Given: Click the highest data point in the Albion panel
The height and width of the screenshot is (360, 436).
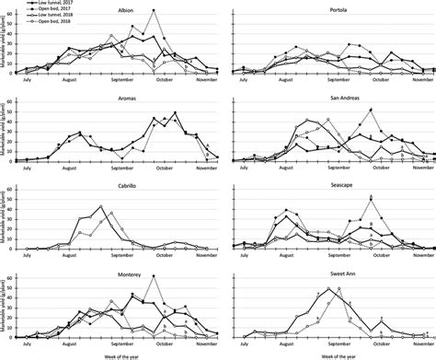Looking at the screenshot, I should point(153,10).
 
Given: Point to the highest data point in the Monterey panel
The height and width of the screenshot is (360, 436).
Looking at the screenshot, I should point(153,275).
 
